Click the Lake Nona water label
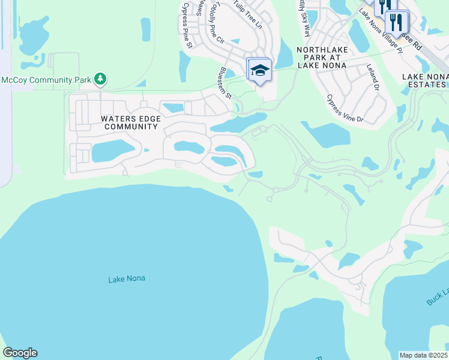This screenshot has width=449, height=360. (x=127, y=279)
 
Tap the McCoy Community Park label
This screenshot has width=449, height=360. (x=46, y=79)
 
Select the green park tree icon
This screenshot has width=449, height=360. (x=100, y=79)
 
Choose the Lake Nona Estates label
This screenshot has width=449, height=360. (x=425, y=80)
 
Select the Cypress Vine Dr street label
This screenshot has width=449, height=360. (x=345, y=108)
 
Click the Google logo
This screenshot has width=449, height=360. (x=20, y=353)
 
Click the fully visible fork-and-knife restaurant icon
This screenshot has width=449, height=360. (x=397, y=22)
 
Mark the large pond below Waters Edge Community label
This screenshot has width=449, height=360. (x=112, y=151)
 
